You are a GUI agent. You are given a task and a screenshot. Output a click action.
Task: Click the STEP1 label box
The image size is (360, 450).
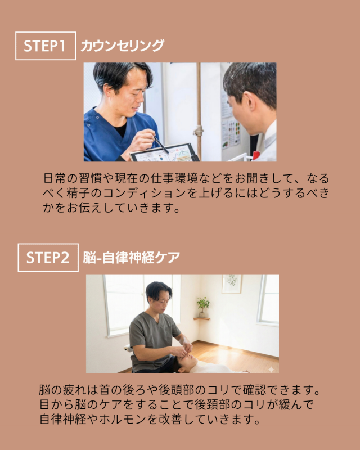[x=46, y=46]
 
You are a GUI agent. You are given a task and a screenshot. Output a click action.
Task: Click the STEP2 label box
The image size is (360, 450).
[x=48, y=258]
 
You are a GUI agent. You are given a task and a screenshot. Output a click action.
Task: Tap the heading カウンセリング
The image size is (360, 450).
[x=122, y=46]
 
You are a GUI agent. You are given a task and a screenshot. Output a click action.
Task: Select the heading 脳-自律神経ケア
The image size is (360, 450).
[x=132, y=258]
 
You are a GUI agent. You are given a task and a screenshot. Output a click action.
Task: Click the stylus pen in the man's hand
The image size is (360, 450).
[x=161, y=145]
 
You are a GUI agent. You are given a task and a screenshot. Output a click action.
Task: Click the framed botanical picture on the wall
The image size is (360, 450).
[x=232, y=283]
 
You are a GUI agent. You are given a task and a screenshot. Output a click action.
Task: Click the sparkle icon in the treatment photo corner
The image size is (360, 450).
[x=271, y=370]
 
